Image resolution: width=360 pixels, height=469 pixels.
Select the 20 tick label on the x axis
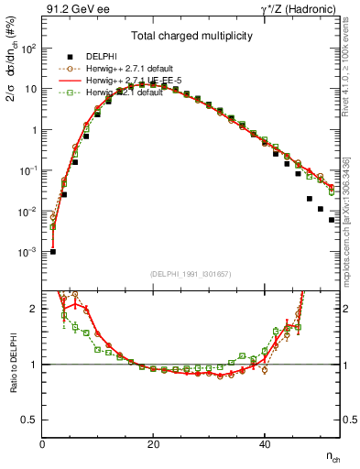153,445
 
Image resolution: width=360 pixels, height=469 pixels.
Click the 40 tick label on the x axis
264,445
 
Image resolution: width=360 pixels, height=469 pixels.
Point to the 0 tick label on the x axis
43,445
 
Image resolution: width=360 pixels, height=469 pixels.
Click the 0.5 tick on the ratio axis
30,420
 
